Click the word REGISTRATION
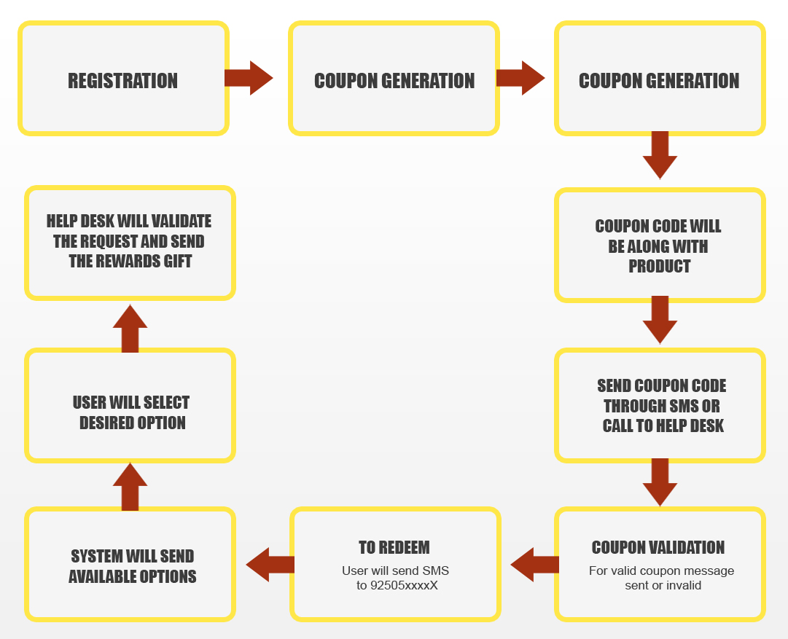pyautogui.click(x=122, y=81)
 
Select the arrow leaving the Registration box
pyautogui.click(x=249, y=78)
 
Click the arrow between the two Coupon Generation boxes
pyautogui.click(x=520, y=78)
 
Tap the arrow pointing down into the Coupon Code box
pyautogui.click(x=660, y=155)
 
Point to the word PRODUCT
pyautogui.click(x=660, y=266)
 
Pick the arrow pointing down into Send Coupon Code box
pyautogui.click(x=660, y=319)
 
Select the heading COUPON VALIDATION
pyautogui.click(x=658, y=548)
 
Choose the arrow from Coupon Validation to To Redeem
pyautogui.click(x=535, y=565)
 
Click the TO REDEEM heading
pyautogui.click(x=394, y=548)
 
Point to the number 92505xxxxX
pyautogui.click(x=404, y=585)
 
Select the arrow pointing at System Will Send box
pyautogui.click(x=270, y=565)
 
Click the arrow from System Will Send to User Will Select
pyautogui.click(x=130, y=487)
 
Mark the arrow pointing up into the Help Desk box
pyautogui.click(x=130, y=329)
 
